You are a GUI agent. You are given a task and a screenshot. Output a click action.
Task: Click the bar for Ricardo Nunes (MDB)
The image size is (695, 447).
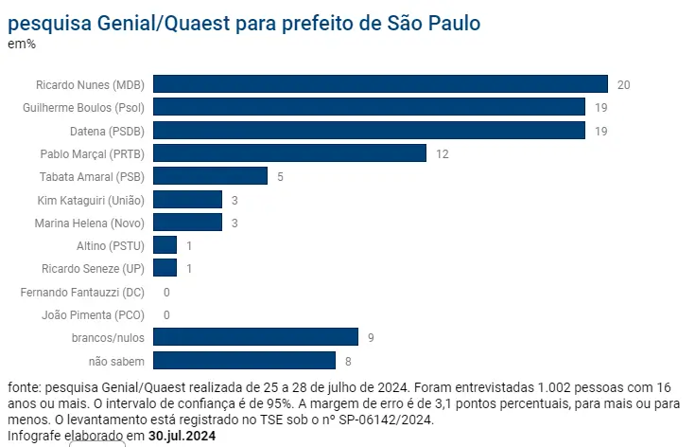(380, 84)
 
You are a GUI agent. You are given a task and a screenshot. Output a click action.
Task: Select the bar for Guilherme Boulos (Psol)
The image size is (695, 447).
(369, 107)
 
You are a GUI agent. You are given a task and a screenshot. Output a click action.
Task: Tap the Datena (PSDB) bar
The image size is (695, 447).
(369, 130)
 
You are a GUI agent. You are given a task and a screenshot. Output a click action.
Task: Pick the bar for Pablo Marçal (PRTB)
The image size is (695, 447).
(289, 153)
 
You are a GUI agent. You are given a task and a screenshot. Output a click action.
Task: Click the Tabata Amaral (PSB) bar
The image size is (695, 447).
(210, 176)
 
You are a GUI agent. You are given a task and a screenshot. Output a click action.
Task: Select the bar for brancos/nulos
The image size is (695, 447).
(255, 337)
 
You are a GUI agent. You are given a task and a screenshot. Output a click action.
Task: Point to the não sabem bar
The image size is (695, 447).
(244, 360)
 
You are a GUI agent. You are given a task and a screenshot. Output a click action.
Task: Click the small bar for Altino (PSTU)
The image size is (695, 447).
(165, 245)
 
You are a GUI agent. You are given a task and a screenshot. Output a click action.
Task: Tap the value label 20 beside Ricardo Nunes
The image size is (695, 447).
(623, 84)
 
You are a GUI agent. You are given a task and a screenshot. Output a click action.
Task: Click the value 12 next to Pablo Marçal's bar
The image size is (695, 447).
(443, 153)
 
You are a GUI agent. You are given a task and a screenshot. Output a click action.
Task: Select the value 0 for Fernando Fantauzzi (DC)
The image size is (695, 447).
(166, 292)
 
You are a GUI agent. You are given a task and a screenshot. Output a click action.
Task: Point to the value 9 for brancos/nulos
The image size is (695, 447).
(371, 337)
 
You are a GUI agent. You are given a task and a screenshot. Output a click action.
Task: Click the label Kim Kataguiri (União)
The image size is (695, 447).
(90, 199)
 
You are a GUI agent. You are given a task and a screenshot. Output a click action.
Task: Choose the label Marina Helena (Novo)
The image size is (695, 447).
(89, 223)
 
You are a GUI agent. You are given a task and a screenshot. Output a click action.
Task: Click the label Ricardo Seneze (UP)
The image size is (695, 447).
(93, 268)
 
